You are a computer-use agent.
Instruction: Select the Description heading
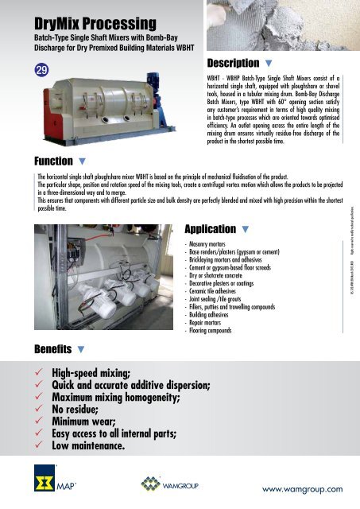(x=232, y=63)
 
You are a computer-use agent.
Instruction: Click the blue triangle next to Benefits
(x=82, y=349)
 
